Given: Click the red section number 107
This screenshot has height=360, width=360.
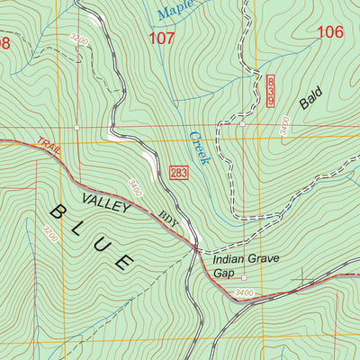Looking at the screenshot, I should (x=162, y=38).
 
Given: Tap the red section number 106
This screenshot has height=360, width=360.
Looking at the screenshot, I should (x=330, y=32).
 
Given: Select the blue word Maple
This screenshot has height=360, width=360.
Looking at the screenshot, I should (x=175, y=11).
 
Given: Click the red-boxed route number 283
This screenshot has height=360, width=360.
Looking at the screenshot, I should (x=178, y=172).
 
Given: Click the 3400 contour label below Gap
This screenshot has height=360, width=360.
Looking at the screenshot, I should (x=242, y=292).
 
